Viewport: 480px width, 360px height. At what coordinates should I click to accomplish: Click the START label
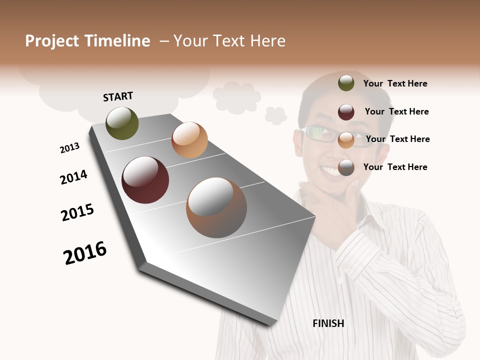click(118, 96)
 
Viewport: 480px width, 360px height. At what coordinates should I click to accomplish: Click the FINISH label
click(328, 323)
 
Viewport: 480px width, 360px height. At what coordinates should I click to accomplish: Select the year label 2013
click(69, 148)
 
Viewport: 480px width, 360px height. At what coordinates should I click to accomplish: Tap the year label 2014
click(73, 177)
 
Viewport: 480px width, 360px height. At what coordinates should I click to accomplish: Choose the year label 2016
click(85, 253)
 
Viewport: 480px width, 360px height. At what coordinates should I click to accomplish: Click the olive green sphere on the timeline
click(122, 123)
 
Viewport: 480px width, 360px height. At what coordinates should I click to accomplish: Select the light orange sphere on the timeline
click(189, 140)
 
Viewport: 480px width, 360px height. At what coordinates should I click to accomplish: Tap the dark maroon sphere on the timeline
click(145, 180)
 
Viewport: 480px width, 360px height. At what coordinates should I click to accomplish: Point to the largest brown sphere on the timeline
click(216, 207)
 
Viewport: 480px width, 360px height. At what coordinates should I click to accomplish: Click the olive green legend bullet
click(346, 83)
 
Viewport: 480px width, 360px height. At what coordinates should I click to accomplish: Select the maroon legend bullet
click(346, 112)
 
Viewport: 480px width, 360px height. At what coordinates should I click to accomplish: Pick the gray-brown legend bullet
click(346, 167)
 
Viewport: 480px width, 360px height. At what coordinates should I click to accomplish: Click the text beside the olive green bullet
click(395, 84)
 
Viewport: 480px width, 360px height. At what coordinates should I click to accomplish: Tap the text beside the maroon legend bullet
click(396, 111)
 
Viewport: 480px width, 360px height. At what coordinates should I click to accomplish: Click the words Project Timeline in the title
click(87, 41)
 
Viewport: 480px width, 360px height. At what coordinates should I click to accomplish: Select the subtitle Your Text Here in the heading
click(229, 41)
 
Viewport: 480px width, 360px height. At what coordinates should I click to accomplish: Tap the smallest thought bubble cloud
click(275, 115)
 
